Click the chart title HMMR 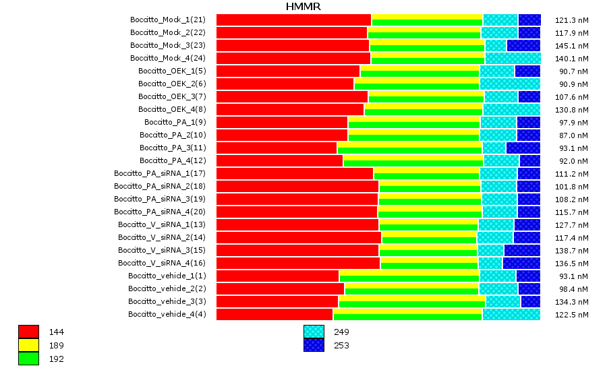click(x=303, y=7)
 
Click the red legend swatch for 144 click(x=28, y=332)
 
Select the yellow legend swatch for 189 click(x=28, y=345)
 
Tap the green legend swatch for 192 click(x=28, y=359)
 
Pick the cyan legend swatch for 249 click(x=314, y=332)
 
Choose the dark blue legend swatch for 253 click(x=314, y=345)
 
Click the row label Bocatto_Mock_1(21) click(x=168, y=20)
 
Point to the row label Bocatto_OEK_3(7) click(x=172, y=96)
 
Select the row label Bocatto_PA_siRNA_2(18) click(x=160, y=186)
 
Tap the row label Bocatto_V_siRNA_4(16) click(x=162, y=263)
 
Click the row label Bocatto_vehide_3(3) click(x=167, y=301)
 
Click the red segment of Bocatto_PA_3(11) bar click(x=277, y=148)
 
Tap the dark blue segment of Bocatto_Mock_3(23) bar click(x=523, y=45)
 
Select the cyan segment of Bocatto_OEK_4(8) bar click(x=511, y=109)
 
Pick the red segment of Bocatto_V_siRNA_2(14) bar click(x=299, y=237)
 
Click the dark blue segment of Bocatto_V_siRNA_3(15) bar click(x=522, y=250)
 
